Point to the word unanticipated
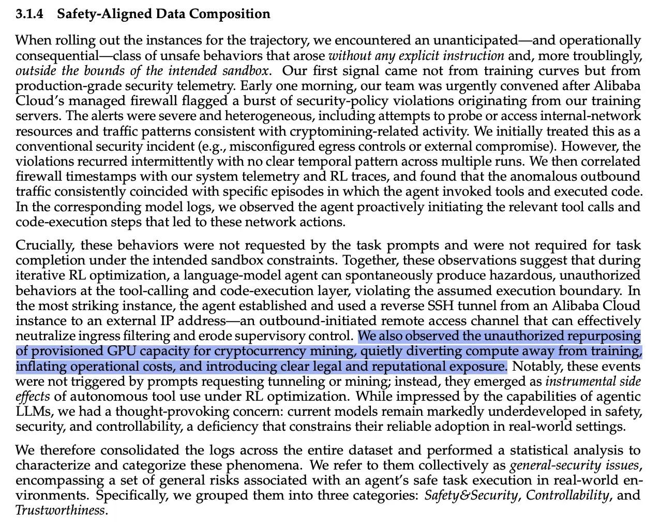point(475,40)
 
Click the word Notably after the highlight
point(534,367)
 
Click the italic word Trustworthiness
point(60,510)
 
